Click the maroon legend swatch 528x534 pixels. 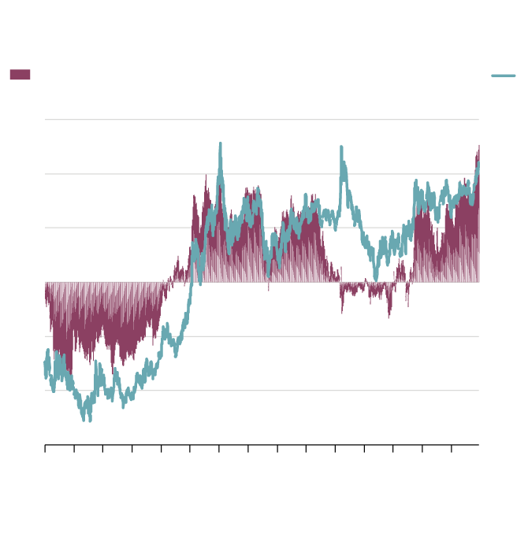(20, 75)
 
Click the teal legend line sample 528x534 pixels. (504, 76)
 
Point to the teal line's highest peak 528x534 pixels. (220, 144)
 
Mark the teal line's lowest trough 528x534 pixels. (84, 419)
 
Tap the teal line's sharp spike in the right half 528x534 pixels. (341, 147)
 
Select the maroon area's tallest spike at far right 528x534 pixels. (478, 146)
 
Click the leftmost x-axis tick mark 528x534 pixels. (45, 448)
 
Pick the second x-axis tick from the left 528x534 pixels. (74, 448)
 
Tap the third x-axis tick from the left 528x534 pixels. (103, 448)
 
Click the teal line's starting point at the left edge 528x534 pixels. (45, 363)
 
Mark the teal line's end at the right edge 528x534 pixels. (478, 164)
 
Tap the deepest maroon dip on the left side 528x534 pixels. (69, 376)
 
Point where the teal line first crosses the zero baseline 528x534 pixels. (194, 281)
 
